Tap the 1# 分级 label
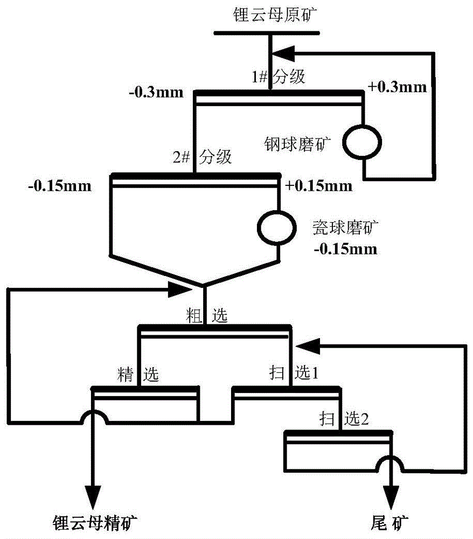[x=279, y=77]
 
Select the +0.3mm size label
[x=397, y=87]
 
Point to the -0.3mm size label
[x=156, y=92]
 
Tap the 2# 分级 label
[x=202, y=157]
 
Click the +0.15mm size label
[x=319, y=186]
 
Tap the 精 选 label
[x=138, y=374]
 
